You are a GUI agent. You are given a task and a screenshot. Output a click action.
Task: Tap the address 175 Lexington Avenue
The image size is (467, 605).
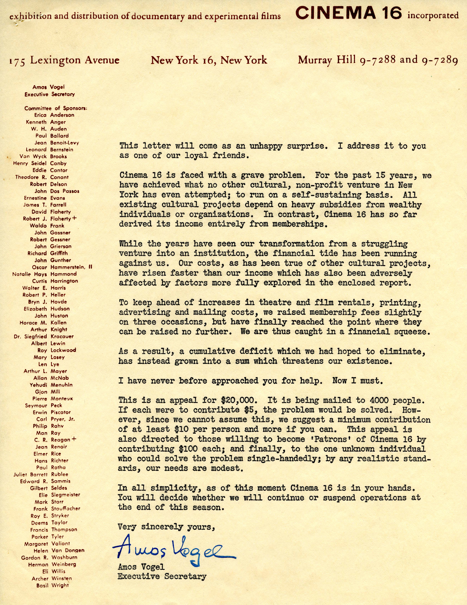pyautogui.click(x=64, y=60)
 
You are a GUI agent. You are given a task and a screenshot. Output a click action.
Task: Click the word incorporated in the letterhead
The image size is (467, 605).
pyautogui.click(x=433, y=16)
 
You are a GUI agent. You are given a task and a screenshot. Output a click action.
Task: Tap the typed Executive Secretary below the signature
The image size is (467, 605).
pyautogui.click(x=162, y=577)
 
